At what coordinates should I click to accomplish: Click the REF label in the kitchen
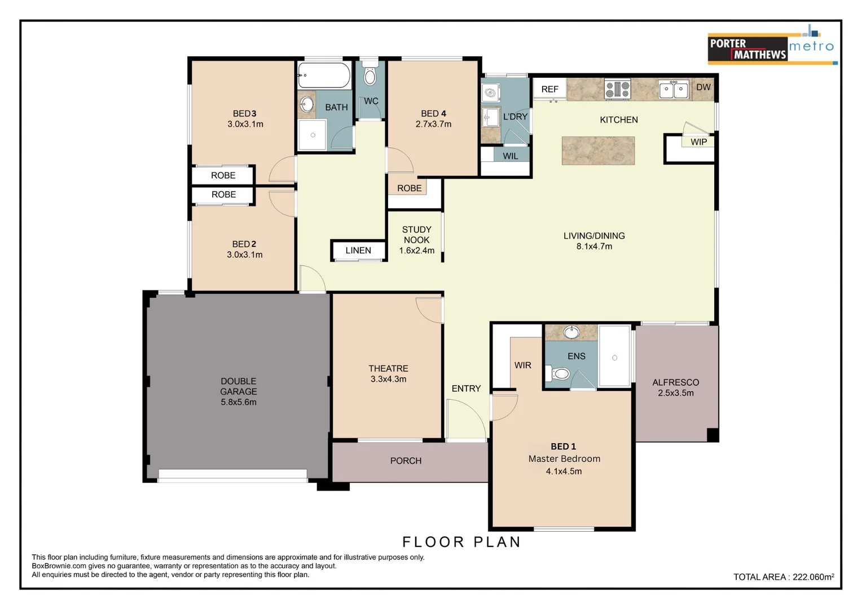[549, 89]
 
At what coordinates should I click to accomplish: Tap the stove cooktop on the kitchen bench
[617, 89]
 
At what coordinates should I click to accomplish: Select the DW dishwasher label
[703, 87]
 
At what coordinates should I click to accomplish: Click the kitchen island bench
[598, 151]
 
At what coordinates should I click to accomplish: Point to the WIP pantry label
[698, 142]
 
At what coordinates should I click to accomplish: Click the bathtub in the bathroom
[324, 75]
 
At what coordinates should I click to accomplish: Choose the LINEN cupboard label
[358, 250]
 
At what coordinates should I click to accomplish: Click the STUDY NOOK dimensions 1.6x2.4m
[416, 250]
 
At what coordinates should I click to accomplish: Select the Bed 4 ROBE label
[409, 188]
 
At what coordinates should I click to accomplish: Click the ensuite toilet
[558, 373]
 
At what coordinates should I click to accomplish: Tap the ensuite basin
[571, 332]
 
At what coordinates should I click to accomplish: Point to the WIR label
[522, 365]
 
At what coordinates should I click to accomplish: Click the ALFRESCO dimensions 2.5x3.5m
[675, 393]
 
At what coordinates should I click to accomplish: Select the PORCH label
[406, 461]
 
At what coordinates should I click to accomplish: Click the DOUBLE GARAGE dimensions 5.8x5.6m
[238, 402]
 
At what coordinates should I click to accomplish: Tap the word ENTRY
[466, 389]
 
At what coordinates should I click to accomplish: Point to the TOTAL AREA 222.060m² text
[784, 577]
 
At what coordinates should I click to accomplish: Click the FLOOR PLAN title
[461, 542]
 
